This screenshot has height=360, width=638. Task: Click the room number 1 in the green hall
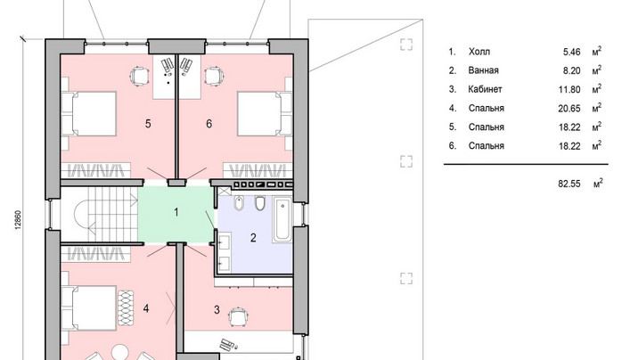pos(176,212)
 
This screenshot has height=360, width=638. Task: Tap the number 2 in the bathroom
pos(253,238)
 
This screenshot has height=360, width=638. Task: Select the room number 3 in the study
pos(217,310)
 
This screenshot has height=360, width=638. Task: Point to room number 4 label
pos(146,308)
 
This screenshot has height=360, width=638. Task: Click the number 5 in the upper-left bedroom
pos(148,123)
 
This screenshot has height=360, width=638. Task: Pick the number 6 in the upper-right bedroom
pos(209,123)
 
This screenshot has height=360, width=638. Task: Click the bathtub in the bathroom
pos(282,220)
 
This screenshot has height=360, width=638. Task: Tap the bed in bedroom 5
pos(89,113)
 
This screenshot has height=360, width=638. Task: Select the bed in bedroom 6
pos(265,113)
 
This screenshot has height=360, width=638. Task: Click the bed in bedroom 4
pos(89,308)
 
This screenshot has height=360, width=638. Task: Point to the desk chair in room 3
pos(237,317)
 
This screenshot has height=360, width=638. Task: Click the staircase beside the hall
pos(99,214)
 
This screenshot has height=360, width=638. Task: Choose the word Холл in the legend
pos(479,52)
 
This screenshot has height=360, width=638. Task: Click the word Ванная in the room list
pos(483,70)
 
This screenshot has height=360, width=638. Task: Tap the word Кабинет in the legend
pos(485,89)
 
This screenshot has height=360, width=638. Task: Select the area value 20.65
pos(569,108)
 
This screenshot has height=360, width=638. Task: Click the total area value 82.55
pos(569,184)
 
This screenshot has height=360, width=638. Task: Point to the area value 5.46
pos(572,52)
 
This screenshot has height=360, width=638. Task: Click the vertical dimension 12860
pos(18,220)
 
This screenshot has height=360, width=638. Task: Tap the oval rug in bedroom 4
pos(126,307)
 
